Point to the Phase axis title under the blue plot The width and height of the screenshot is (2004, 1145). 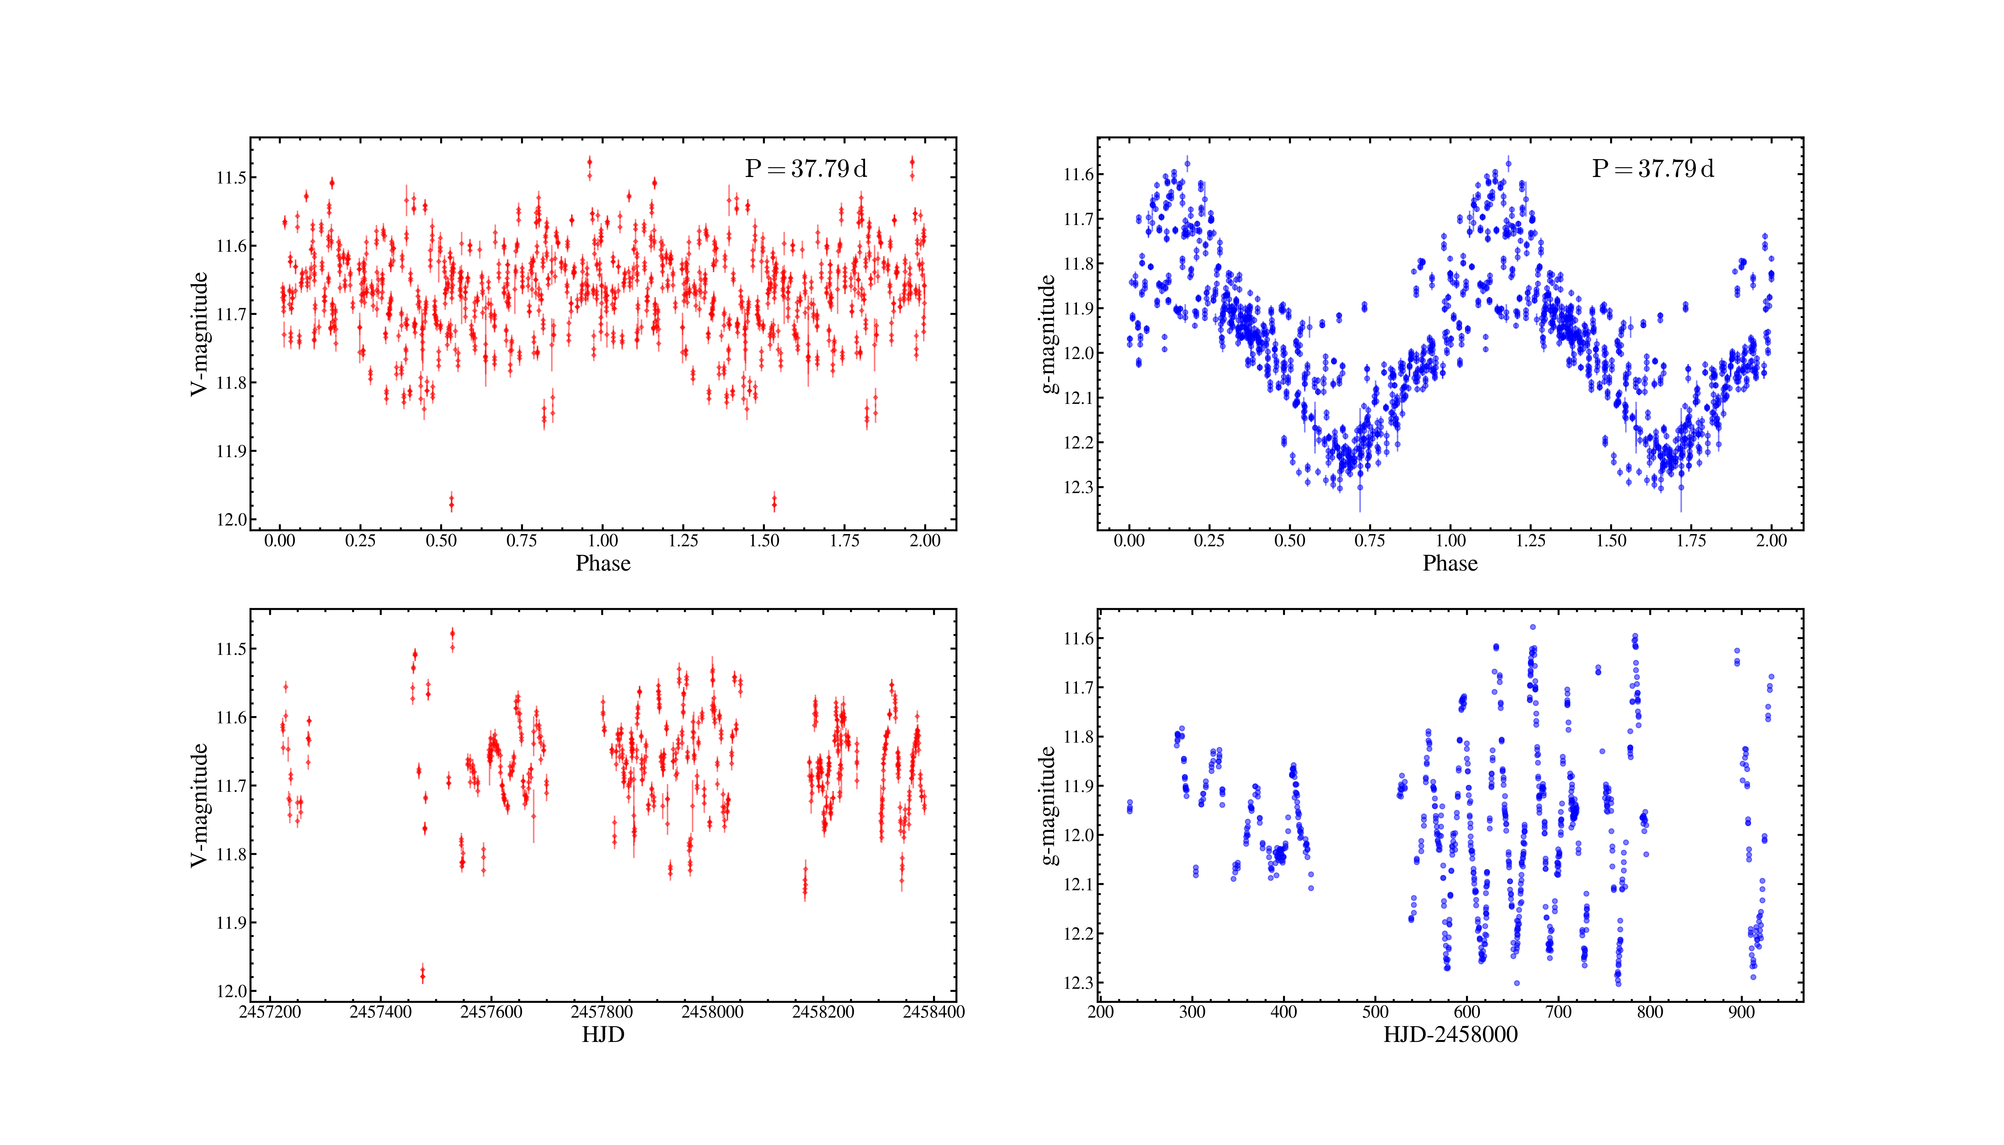[1450, 563]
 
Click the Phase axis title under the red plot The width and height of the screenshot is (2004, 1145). [603, 563]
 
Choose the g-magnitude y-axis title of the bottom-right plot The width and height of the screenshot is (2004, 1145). [1047, 805]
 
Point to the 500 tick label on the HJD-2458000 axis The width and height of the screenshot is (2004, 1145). [1376, 1012]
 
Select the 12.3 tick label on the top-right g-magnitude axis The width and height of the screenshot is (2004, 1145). [1078, 488]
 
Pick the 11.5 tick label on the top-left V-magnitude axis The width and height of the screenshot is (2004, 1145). [231, 178]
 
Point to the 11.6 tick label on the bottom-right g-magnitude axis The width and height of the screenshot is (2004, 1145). [1078, 639]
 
